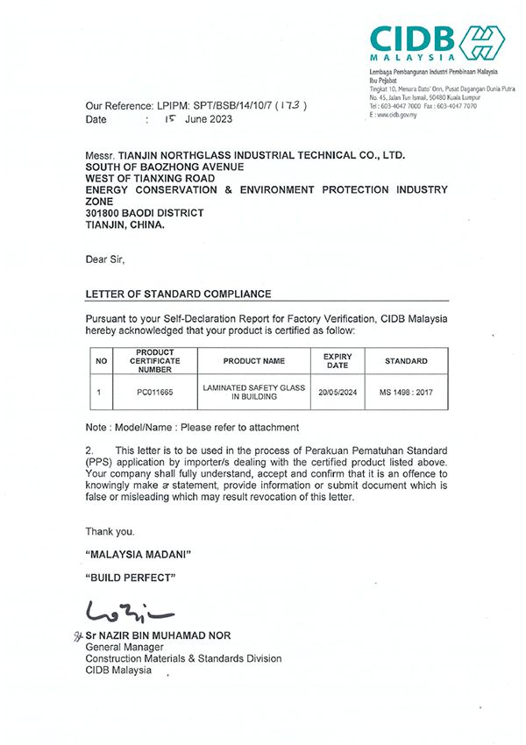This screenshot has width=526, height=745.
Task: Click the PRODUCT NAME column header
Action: coord(254,361)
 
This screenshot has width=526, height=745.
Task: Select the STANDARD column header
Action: coord(406,361)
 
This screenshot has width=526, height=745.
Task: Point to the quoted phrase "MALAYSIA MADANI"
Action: coord(138,556)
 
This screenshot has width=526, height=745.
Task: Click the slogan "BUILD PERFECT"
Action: coord(131,578)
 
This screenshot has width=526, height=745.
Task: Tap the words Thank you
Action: coord(110,532)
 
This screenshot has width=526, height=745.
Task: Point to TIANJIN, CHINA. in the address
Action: coord(124,224)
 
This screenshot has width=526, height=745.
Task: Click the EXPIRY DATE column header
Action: coord(338,361)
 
